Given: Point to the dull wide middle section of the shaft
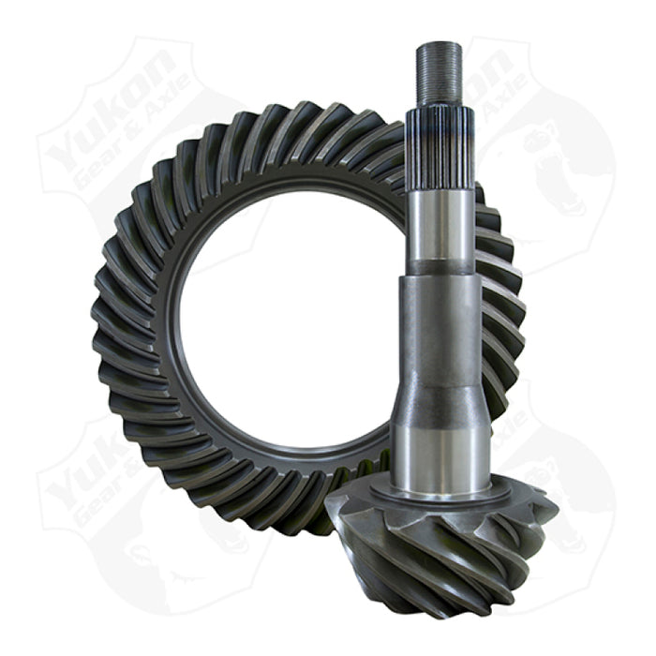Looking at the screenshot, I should [x=440, y=337].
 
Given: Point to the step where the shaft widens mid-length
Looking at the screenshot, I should [x=439, y=274].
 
